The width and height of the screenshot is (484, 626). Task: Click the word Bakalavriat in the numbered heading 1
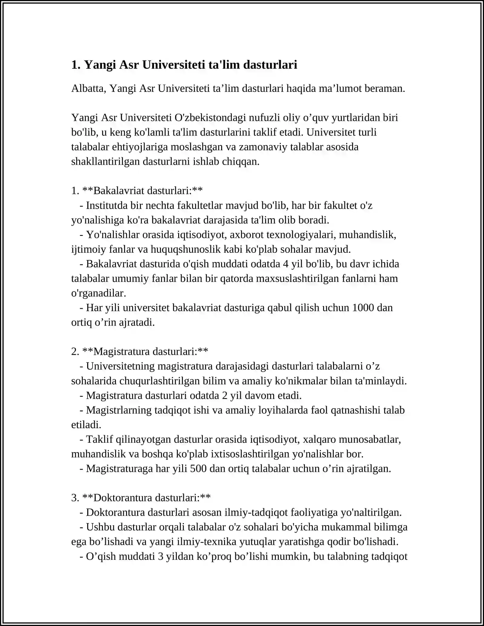[120, 191]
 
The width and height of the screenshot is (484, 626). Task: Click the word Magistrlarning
[119, 410]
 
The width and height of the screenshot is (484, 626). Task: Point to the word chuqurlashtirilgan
[166, 381]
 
